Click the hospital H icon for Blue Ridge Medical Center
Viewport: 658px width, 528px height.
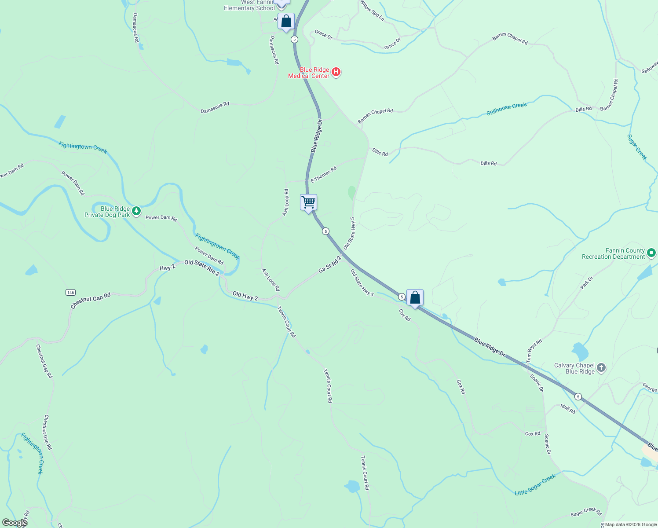click(336, 72)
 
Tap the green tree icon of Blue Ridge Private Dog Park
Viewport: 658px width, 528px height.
click(137, 211)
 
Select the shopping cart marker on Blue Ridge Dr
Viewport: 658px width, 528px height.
click(309, 203)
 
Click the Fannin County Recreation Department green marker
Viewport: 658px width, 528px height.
click(651, 253)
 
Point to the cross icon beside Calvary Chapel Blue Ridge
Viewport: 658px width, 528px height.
click(601, 368)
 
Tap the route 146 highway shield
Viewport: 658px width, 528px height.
click(70, 292)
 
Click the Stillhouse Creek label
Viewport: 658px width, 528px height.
click(506, 109)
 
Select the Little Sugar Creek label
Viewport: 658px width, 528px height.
click(535, 484)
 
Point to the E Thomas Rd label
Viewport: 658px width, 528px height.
click(324, 175)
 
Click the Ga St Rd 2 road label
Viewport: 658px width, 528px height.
click(330, 264)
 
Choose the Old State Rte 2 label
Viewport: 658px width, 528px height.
click(201, 268)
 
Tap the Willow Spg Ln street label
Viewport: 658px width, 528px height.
click(372, 11)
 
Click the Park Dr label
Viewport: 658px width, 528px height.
click(586, 282)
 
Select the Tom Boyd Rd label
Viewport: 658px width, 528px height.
click(534, 351)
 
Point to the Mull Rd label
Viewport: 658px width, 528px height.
click(568, 409)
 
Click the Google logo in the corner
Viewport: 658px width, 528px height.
click(15, 523)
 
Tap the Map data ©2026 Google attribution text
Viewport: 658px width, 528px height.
click(631, 524)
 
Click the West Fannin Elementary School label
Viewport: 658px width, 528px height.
click(249, 5)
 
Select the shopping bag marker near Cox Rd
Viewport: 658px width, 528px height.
click(415, 298)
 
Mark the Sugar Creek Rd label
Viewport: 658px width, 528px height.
click(586, 512)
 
